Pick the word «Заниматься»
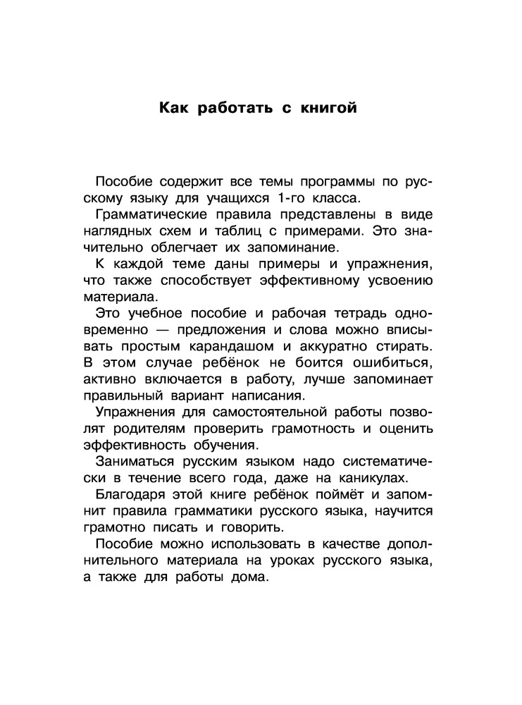point(135,462)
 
